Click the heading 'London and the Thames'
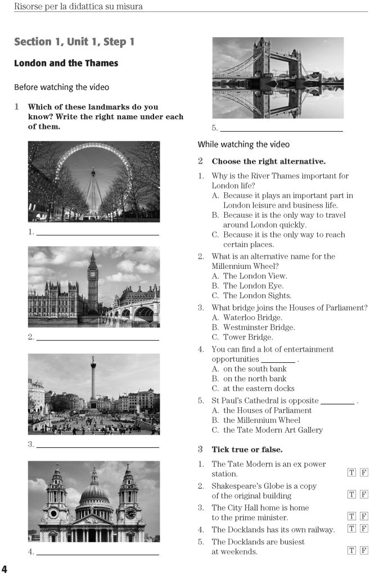pyautogui.click(x=66, y=63)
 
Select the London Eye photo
pyautogui.click(x=94, y=181)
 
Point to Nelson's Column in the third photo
pyautogui.click(x=93, y=382)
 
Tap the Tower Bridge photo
pyautogui.click(x=278, y=78)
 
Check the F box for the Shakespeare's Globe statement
pyautogui.click(x=364, y=494)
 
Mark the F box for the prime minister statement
pyautogui.click(x=364, y=516)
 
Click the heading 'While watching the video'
pyautogui.click(x=243, y=145)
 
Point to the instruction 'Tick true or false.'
pyautogui.click(x=247, y=449)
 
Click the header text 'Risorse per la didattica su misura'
pyautogui.click(x=78, y=7)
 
